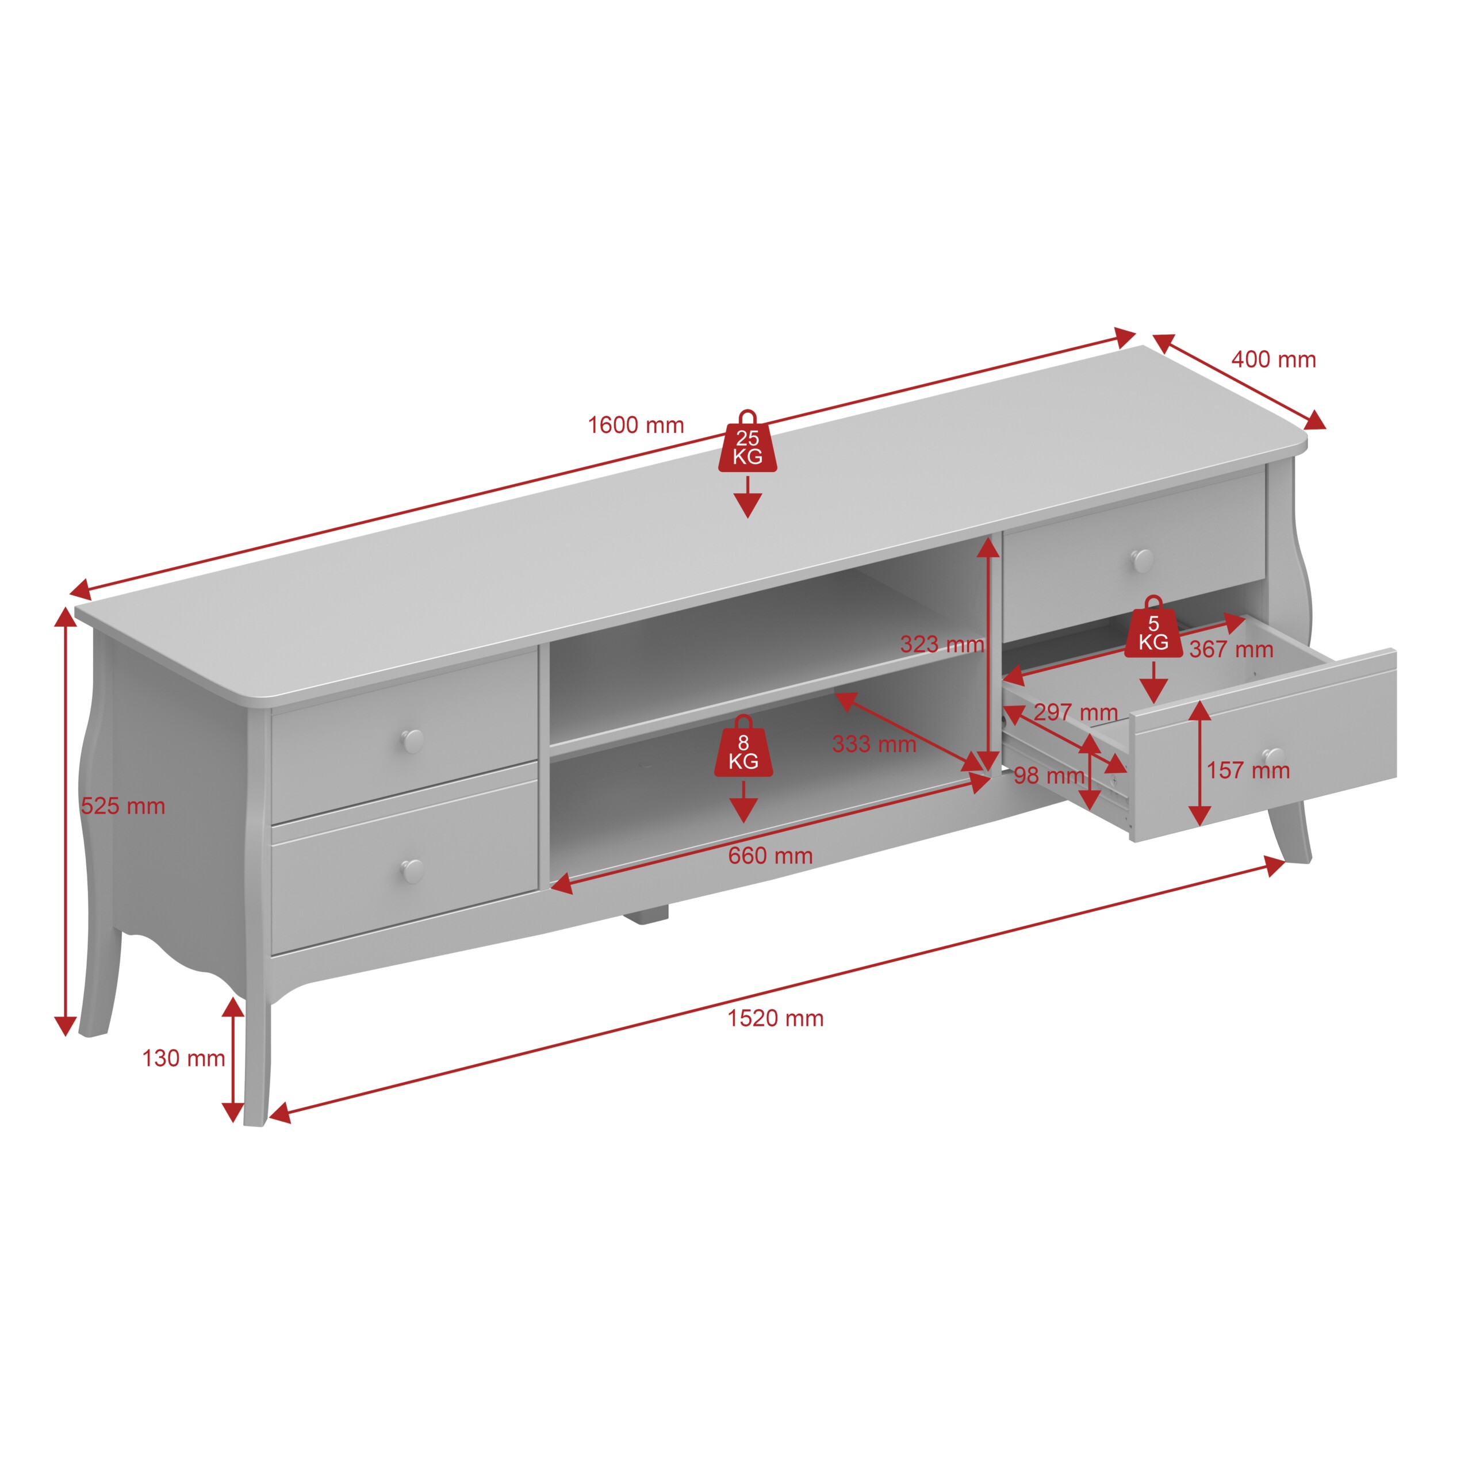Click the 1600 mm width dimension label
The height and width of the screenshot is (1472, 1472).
[635, 425]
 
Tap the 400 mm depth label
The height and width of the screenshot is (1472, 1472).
[1273, 359]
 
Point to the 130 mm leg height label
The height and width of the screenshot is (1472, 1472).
[183, 1058]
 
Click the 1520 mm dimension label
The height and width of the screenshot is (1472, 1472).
[775, 1019]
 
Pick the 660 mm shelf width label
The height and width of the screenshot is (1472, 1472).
[770, 856]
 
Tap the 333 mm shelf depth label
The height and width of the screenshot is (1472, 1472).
[874, 745]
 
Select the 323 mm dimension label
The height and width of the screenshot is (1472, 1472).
[942, 644]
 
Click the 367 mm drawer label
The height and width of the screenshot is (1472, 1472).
[1231, 649]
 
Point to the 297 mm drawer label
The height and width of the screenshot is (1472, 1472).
[1076, 712]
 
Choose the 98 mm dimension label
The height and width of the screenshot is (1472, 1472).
[1049, 776]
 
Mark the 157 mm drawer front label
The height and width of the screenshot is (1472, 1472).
[1248, 770]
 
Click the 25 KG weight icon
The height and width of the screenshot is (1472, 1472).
[747, 442]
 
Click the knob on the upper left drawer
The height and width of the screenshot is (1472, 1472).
[412, 739]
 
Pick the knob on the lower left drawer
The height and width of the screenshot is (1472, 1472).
[412, 871]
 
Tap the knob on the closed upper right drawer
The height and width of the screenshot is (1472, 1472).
[1142, 560]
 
